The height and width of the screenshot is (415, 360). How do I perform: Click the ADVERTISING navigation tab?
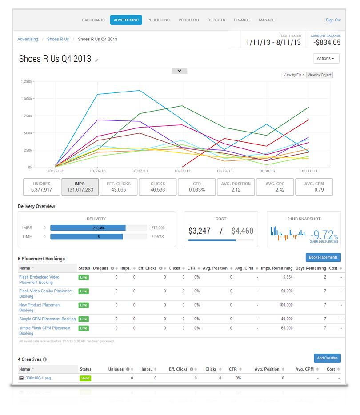(x=126, y=20)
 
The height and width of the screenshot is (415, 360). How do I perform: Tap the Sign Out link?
(x=333, y=20)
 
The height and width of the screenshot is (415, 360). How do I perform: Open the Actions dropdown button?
(x=326, y=59)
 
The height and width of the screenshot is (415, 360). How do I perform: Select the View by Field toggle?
(x=294, y=75)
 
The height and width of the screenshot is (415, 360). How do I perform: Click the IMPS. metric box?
(x=80, y=187)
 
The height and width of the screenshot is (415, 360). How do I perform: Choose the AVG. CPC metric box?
(x=275, y=187)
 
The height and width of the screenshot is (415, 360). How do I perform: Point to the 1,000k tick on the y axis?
(x=27, y=99)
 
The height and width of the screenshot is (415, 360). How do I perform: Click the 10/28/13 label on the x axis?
(x=182, y=171)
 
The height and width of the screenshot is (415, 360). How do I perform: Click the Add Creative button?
(x=327, y=358)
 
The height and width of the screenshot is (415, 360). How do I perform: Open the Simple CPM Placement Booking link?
(x=48, y=319)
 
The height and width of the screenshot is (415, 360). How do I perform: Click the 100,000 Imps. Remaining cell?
(x=286, y=305)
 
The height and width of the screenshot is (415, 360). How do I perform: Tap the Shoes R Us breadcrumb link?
(x=58, y=39)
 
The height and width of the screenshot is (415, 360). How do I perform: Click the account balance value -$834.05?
(x=327, y=42)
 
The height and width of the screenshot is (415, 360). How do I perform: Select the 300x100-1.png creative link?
(x=38, y=378)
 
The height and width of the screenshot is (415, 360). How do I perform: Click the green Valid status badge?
(x=85, y=379)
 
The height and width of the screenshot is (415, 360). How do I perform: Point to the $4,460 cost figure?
(x=242, y=231)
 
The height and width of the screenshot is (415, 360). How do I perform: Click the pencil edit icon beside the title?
(x=96, y=60)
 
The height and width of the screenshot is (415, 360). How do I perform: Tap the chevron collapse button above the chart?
(x=179, y=71)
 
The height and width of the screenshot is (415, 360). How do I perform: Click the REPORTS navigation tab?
(x=216, y=20)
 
